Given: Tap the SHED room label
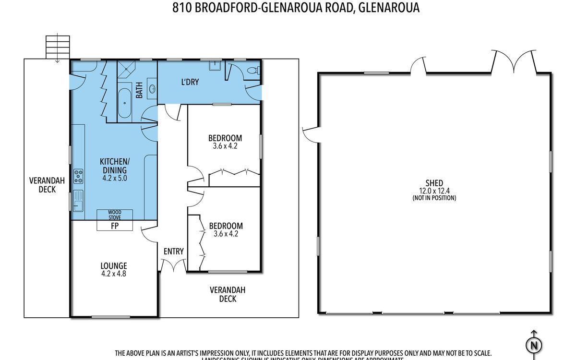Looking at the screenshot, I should [434, 183].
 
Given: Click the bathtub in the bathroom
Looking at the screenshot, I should [125, 102].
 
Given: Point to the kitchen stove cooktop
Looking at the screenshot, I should [78, 176].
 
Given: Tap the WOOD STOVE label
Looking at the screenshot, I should [115, 215].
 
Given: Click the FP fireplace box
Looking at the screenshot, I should [115, 226].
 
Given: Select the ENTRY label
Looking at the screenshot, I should [173, 251].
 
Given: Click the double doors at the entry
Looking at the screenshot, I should [173, 265].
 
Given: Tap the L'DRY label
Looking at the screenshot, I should [190, 82].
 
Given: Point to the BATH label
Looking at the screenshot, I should [139, 90].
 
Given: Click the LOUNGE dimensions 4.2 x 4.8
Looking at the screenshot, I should [114, 275].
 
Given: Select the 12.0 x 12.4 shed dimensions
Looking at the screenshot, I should [434, 191].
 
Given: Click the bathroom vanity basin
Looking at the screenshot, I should [152, 89].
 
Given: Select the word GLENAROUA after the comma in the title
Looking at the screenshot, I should [389, 8].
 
